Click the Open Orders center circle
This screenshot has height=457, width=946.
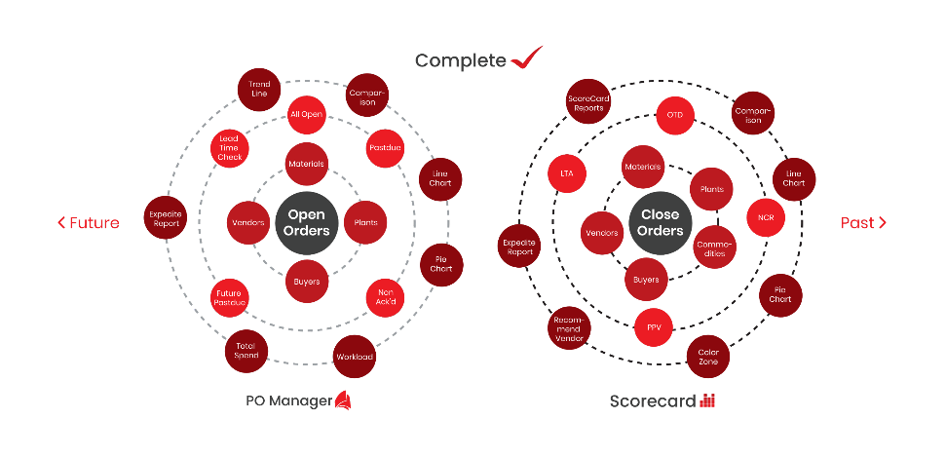pyautogui.click(x=307, y=222)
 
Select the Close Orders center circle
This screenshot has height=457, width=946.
pyautogui.click(x=660, y=222)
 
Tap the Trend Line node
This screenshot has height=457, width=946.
pyautogui.click(x=258, y=89)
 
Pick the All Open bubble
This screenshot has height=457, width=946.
pyautogui.click(x=306, y=115)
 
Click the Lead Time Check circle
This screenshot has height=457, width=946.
pyautogui.click(x=230, y=147)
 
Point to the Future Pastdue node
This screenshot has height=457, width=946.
pyautogui.click(x=230, y=297)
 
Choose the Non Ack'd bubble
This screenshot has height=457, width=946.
pyautogui.click(x=385, y=297)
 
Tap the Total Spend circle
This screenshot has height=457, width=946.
pyautogui.click(x=246, y=350)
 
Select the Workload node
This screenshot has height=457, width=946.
pyautogui.click(x=354, y=356)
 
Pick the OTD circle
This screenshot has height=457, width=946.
pyautogui.click(x=674, y=115)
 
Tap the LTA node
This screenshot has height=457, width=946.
pyautogui.click(x=567, y=173)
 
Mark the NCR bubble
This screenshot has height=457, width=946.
pyautogui.click(x=766, y=217)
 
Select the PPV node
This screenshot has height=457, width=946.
pyautogui.click(x=654, y=327)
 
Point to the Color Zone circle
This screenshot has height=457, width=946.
pyautogui.click(x=708, y=357)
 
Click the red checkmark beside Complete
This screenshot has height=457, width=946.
pyautogui.click(x=526, y=58)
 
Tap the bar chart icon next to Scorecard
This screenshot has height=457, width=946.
pyautogui.click(x=707, y=400)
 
